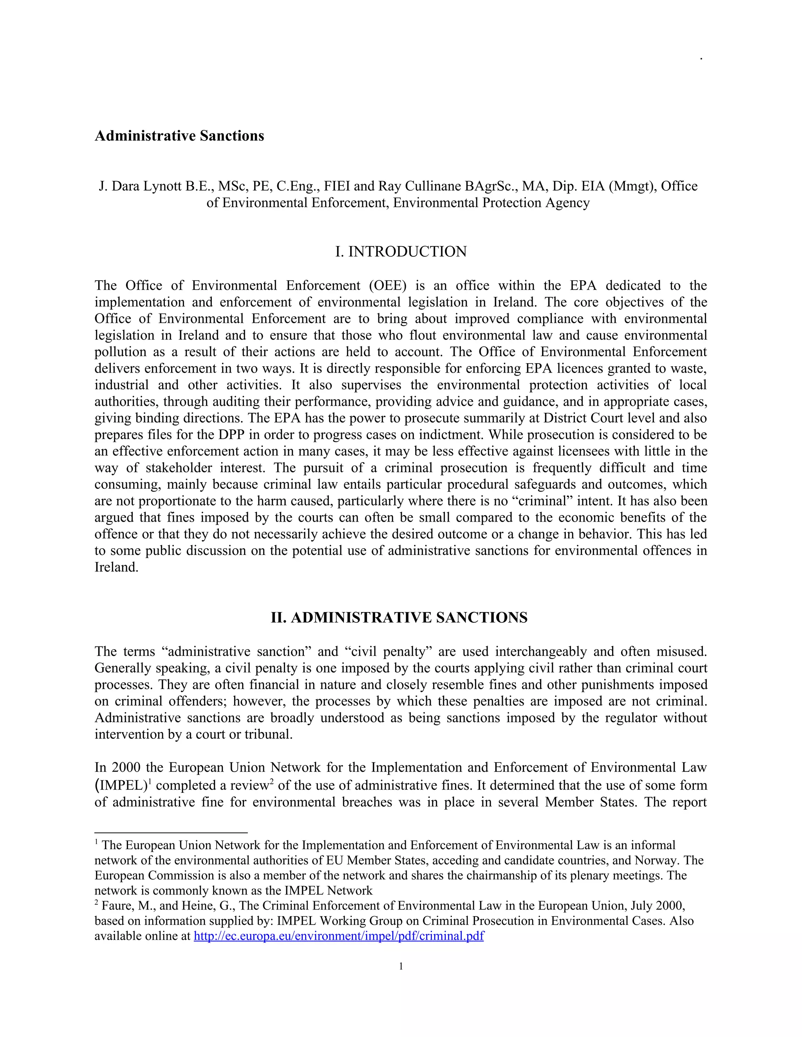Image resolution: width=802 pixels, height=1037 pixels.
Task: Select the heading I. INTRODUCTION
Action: click(x=401, y=252)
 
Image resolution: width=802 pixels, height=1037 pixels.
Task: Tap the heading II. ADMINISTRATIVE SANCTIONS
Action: click(x=399, y=618)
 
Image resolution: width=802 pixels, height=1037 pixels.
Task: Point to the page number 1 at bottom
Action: click(x=401, y=966)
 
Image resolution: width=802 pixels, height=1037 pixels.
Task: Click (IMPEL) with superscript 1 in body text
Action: click(x=122, y=786)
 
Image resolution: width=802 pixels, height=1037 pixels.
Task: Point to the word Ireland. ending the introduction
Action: click(x=116, y=567)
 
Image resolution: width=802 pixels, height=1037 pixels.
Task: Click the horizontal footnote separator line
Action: click(x=171, y=832)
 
